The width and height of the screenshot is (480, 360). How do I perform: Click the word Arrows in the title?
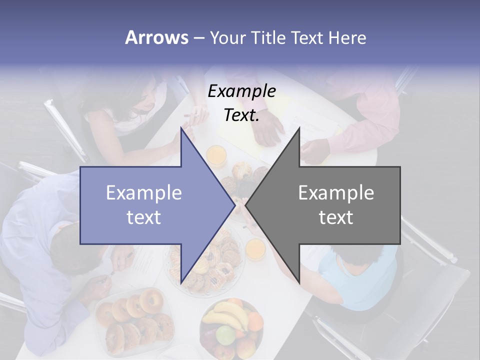156,37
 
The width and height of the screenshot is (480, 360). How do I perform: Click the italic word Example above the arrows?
241,91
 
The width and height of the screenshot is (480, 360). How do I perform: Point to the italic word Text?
241,115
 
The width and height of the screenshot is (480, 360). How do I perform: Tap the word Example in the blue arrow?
144,193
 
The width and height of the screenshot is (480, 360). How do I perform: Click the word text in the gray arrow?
336,217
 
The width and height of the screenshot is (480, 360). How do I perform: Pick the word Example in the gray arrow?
336,193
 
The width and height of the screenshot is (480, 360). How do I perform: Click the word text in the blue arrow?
144,217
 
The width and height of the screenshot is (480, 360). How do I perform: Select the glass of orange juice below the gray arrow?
256,248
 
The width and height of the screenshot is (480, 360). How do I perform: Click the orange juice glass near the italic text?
217,155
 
